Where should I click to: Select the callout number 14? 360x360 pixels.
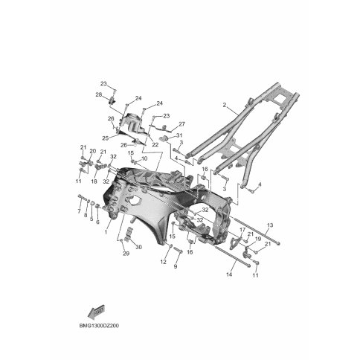point(229,275)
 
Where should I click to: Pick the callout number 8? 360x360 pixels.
point(86,216)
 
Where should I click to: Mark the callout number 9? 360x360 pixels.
point(177,266)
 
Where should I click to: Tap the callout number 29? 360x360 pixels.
point(126,253)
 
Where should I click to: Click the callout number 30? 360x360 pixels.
point(138,248)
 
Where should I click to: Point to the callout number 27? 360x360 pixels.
point(181,123)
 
